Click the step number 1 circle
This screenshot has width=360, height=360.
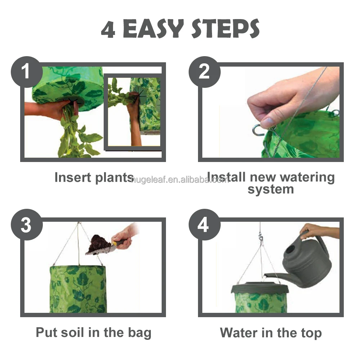point(27,72)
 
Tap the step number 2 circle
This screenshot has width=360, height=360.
point(204,72)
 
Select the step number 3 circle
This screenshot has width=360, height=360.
point(27,225)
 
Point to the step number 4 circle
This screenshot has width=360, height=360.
point(204,225)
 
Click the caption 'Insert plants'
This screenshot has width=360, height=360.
point(94,178)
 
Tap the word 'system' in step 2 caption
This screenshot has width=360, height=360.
point(271,190)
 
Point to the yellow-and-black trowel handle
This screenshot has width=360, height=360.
point(121,242)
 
